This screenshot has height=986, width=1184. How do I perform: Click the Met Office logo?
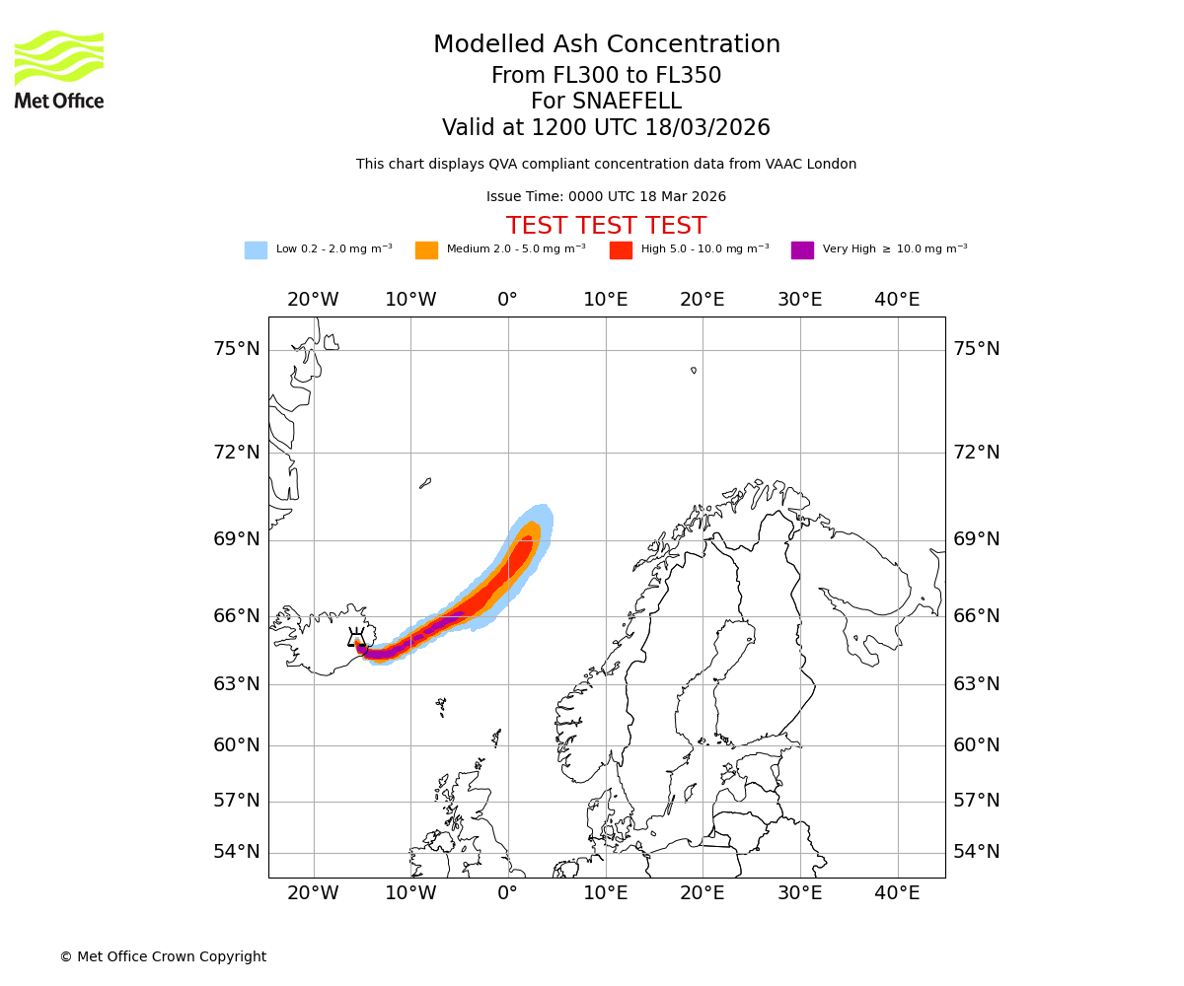pyautogui.click(x=59, y=69)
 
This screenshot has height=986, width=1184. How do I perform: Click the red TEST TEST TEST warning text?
pyautogui.click(x=606, y=226)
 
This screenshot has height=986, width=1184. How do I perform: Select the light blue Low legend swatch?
pyautogui.click(x=256, y=250)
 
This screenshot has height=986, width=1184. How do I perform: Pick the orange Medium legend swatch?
pyautogui.click(x=426, y=250)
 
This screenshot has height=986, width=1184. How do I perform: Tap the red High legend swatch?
pyautogui.click(x=621, y=250)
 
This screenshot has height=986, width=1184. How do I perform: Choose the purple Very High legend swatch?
pyautogui.click(x=802, y=250)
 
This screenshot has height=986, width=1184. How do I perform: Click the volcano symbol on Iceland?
pyautogui.click(x=356, y=640)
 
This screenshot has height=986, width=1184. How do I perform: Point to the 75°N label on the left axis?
pyautogui.click(x=237, y=349)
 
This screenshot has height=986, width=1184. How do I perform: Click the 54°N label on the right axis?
pyautogui.click(x=977, y=852)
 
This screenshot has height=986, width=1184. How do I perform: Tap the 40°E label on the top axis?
pyautogui.click(x=897, y=300)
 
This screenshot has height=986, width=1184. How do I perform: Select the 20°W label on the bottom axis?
pyautogui.click(x=313, y=893)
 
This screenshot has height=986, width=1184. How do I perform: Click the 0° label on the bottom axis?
pyautogui.click(x=507, y=893)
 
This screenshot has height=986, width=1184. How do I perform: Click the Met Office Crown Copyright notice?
pyautogui.click(x=163, y=956)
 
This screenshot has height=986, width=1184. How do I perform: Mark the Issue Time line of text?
pyautogui.click(x=606, y=196)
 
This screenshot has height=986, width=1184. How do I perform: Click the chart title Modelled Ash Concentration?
pyautogui.click(x=606, y=44)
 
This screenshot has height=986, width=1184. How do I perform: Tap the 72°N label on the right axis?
pyautogui.click(x=977, y=453)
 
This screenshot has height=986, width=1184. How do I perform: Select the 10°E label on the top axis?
pyautogui.click(x=605, y=300)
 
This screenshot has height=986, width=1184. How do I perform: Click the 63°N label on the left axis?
pyautogui.click(x=237, y=683)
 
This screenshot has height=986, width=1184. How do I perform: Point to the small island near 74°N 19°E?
pyautogui.click(x=694, y=371)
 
